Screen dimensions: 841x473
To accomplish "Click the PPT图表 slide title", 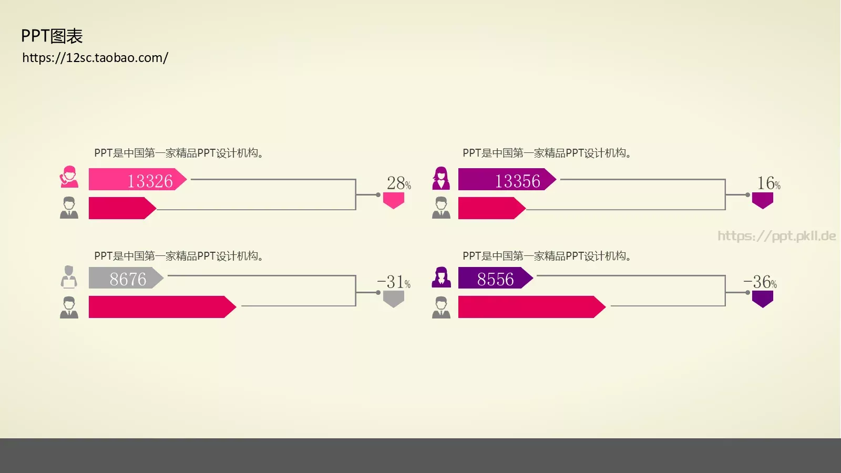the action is click(52, 36).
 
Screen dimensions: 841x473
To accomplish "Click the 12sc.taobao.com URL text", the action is click(95, 58).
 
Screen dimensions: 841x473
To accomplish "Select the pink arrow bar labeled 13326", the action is click(137, 179).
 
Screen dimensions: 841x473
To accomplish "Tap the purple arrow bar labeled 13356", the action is click(507, 179).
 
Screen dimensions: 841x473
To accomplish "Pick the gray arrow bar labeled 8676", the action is click(126, 278).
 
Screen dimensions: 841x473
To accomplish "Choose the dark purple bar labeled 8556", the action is click(496, 278).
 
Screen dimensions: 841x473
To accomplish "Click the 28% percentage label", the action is click(399, 183).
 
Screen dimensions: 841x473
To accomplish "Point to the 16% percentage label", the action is click(768, 183).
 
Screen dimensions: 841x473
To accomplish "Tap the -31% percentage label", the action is click(394, 282).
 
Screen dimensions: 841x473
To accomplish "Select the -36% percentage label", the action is click(760, 282).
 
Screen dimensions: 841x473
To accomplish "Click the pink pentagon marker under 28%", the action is click(394, 200).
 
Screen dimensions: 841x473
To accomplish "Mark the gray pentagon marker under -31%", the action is click(394, 299).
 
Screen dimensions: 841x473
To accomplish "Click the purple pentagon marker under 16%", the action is click(763, 200).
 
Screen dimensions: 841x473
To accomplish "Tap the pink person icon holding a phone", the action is click(69, 177).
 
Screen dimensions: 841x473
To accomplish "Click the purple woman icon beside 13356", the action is click(441, 178).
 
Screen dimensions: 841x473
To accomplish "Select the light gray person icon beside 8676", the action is click(69, 277).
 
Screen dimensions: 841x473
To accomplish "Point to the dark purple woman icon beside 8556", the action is click(441, 277).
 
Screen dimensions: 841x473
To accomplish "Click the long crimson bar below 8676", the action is click(162, 307).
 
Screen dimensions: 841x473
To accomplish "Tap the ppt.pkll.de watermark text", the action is click(776, 236).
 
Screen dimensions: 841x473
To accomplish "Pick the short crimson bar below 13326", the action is click(122, 208).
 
